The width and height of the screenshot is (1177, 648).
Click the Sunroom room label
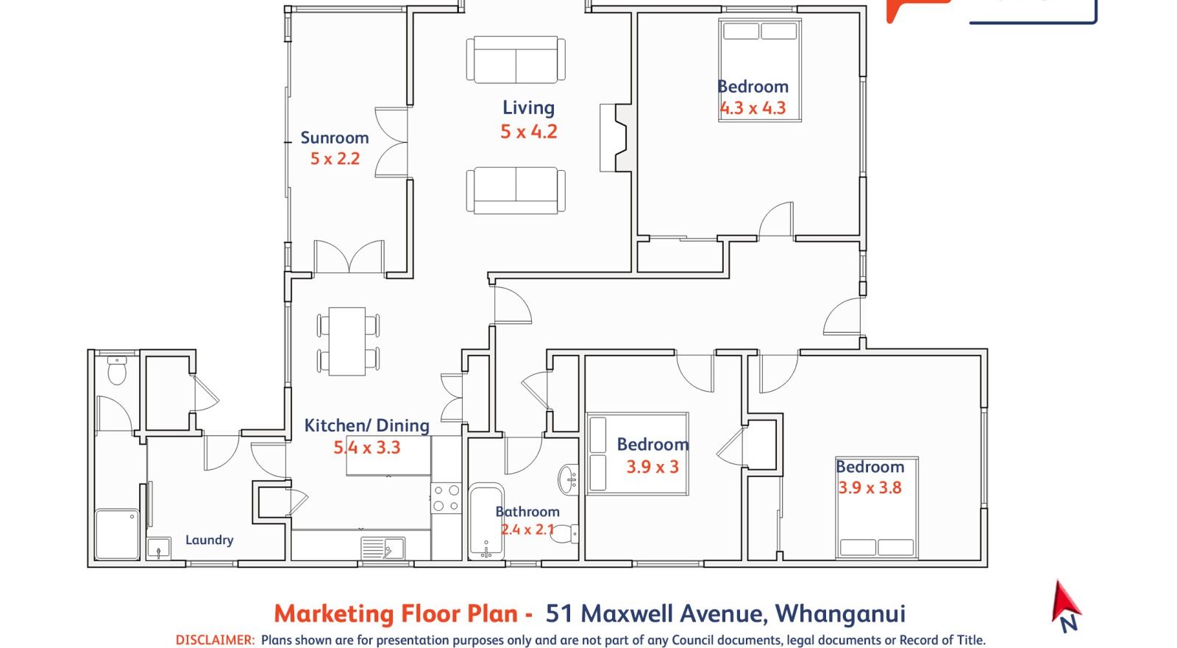coord(335,138)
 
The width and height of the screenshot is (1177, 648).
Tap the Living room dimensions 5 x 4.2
coord(529,132)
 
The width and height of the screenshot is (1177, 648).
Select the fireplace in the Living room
coord(615,138)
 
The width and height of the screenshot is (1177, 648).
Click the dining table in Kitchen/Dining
coord(347,342)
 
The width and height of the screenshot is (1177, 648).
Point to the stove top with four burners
coord(446,498)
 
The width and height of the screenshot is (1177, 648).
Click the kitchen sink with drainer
coord(383,548)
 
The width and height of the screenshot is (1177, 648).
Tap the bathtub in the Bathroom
coord(486,521)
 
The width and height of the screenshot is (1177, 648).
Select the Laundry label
coord(209,540)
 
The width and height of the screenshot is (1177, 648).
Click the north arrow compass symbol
coord(1066,607)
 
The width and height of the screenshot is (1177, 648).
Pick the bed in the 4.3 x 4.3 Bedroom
coord(760,70)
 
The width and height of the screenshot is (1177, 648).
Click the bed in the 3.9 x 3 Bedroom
coord(637,454)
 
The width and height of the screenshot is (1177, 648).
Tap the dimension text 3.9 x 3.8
coord(870,487)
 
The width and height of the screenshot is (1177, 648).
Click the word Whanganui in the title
coord(840,614)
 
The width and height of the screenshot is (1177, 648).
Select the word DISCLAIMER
coord(215,640)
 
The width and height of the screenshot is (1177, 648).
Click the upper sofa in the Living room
coord(516,60)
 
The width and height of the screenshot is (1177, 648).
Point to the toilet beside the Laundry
coord(117,370)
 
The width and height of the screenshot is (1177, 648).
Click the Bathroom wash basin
coord(569,479)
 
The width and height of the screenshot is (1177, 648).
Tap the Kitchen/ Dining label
coord(367,426)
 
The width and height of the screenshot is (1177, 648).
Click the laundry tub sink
coord(159,549)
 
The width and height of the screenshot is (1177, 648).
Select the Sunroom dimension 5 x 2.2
coord(335,158)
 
